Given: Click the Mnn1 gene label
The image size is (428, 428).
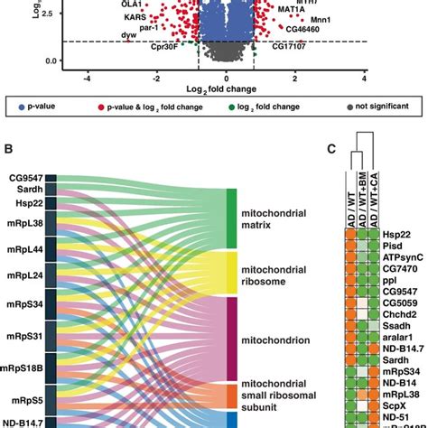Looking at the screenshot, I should [x=320, y=18].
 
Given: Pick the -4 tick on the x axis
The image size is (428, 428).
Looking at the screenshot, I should [x=87, y=79].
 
